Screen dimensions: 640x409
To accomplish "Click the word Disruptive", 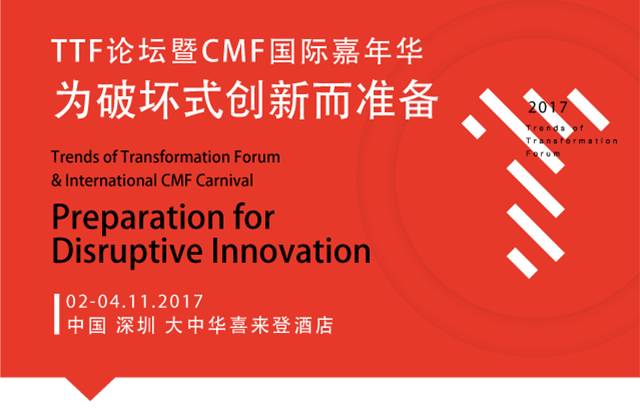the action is point(127,251).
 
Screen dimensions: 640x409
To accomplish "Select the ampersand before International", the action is point(57,181).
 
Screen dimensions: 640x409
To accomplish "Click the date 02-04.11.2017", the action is point(134,302).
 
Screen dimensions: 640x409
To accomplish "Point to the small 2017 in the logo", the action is point(547,107).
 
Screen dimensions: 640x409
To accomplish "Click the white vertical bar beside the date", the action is point(57,314).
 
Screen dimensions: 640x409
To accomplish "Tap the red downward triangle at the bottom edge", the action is point(90,388).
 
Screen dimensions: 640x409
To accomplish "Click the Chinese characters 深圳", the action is point(136,326).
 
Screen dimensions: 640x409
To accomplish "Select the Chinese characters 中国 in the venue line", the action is point(87,326).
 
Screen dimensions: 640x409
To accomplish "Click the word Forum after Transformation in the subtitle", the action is point(257,157).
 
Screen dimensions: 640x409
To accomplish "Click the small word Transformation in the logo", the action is point(572,141).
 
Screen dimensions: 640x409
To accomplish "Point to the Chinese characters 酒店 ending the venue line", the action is point(314,326).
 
